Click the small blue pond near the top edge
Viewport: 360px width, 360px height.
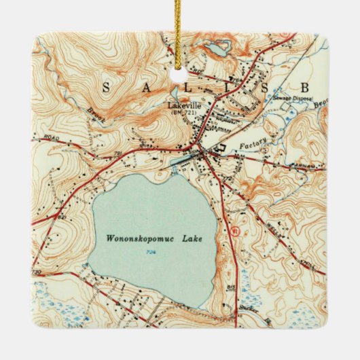coord(217,48)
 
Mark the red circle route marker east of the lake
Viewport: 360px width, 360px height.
coord(236,230)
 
